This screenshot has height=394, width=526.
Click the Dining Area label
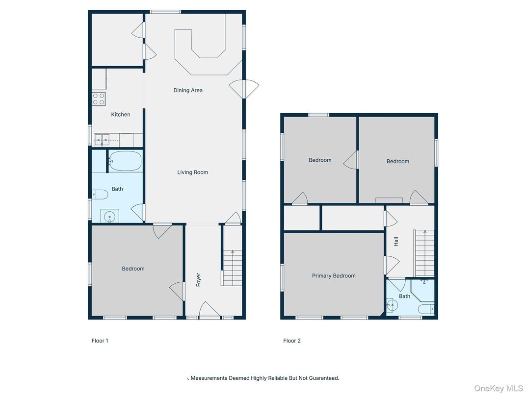pos(187,90)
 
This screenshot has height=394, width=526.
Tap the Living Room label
pos(192,172)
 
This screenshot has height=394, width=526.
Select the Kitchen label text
pos(121,114)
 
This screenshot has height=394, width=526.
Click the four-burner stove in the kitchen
pos(99,99)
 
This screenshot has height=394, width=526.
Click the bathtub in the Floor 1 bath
pos(125,161)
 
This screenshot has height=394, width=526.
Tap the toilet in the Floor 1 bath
pos(100,195)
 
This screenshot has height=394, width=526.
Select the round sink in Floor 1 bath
pos(109,215)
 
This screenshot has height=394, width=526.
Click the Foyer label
pos(199,279)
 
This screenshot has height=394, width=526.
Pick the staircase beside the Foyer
pos(232,267)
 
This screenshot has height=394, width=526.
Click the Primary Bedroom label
pos(334,276)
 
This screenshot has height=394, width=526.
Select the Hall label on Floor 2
pos(395,242)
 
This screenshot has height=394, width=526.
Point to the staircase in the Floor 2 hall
pos(424,253)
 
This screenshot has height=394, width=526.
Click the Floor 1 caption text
pos(100,341)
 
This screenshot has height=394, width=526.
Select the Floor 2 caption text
pos(292,341)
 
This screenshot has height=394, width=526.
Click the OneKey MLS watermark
pos(498,388)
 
